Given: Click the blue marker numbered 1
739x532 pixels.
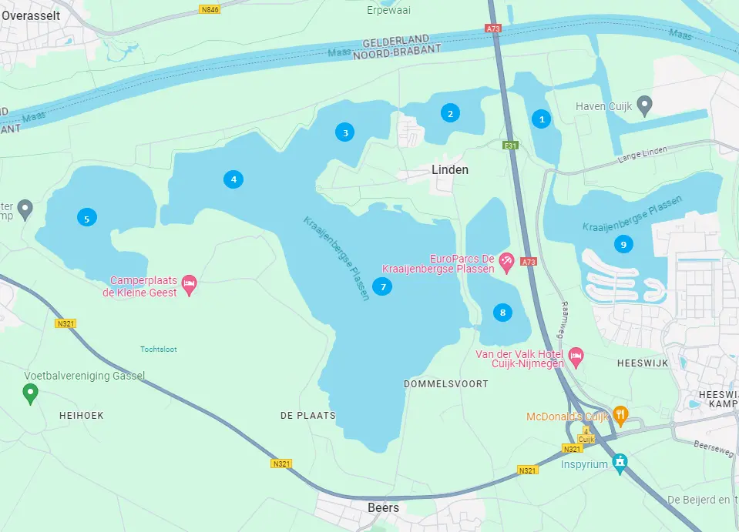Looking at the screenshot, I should click(542, 119).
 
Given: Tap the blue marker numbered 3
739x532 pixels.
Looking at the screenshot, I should click(346, 132).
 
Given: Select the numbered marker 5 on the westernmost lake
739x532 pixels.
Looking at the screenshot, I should click(86, 219).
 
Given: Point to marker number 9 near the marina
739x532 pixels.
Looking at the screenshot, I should click(623, 244).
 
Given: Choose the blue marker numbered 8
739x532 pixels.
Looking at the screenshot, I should click(502, 313).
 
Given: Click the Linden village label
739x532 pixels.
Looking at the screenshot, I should click(449, 169).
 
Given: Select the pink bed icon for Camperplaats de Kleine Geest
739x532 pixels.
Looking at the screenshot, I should click(189, 286).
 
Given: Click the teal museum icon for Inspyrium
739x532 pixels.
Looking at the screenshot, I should click(620, 462).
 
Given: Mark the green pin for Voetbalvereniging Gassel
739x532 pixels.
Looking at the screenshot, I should click(30, 394).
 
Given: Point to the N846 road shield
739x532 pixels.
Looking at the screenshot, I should click(208, 9).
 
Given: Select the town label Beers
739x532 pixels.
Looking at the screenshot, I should click(383, 507).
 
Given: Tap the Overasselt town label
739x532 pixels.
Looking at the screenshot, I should click(31, 13).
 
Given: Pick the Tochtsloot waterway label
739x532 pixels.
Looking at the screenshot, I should click(158, 349).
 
